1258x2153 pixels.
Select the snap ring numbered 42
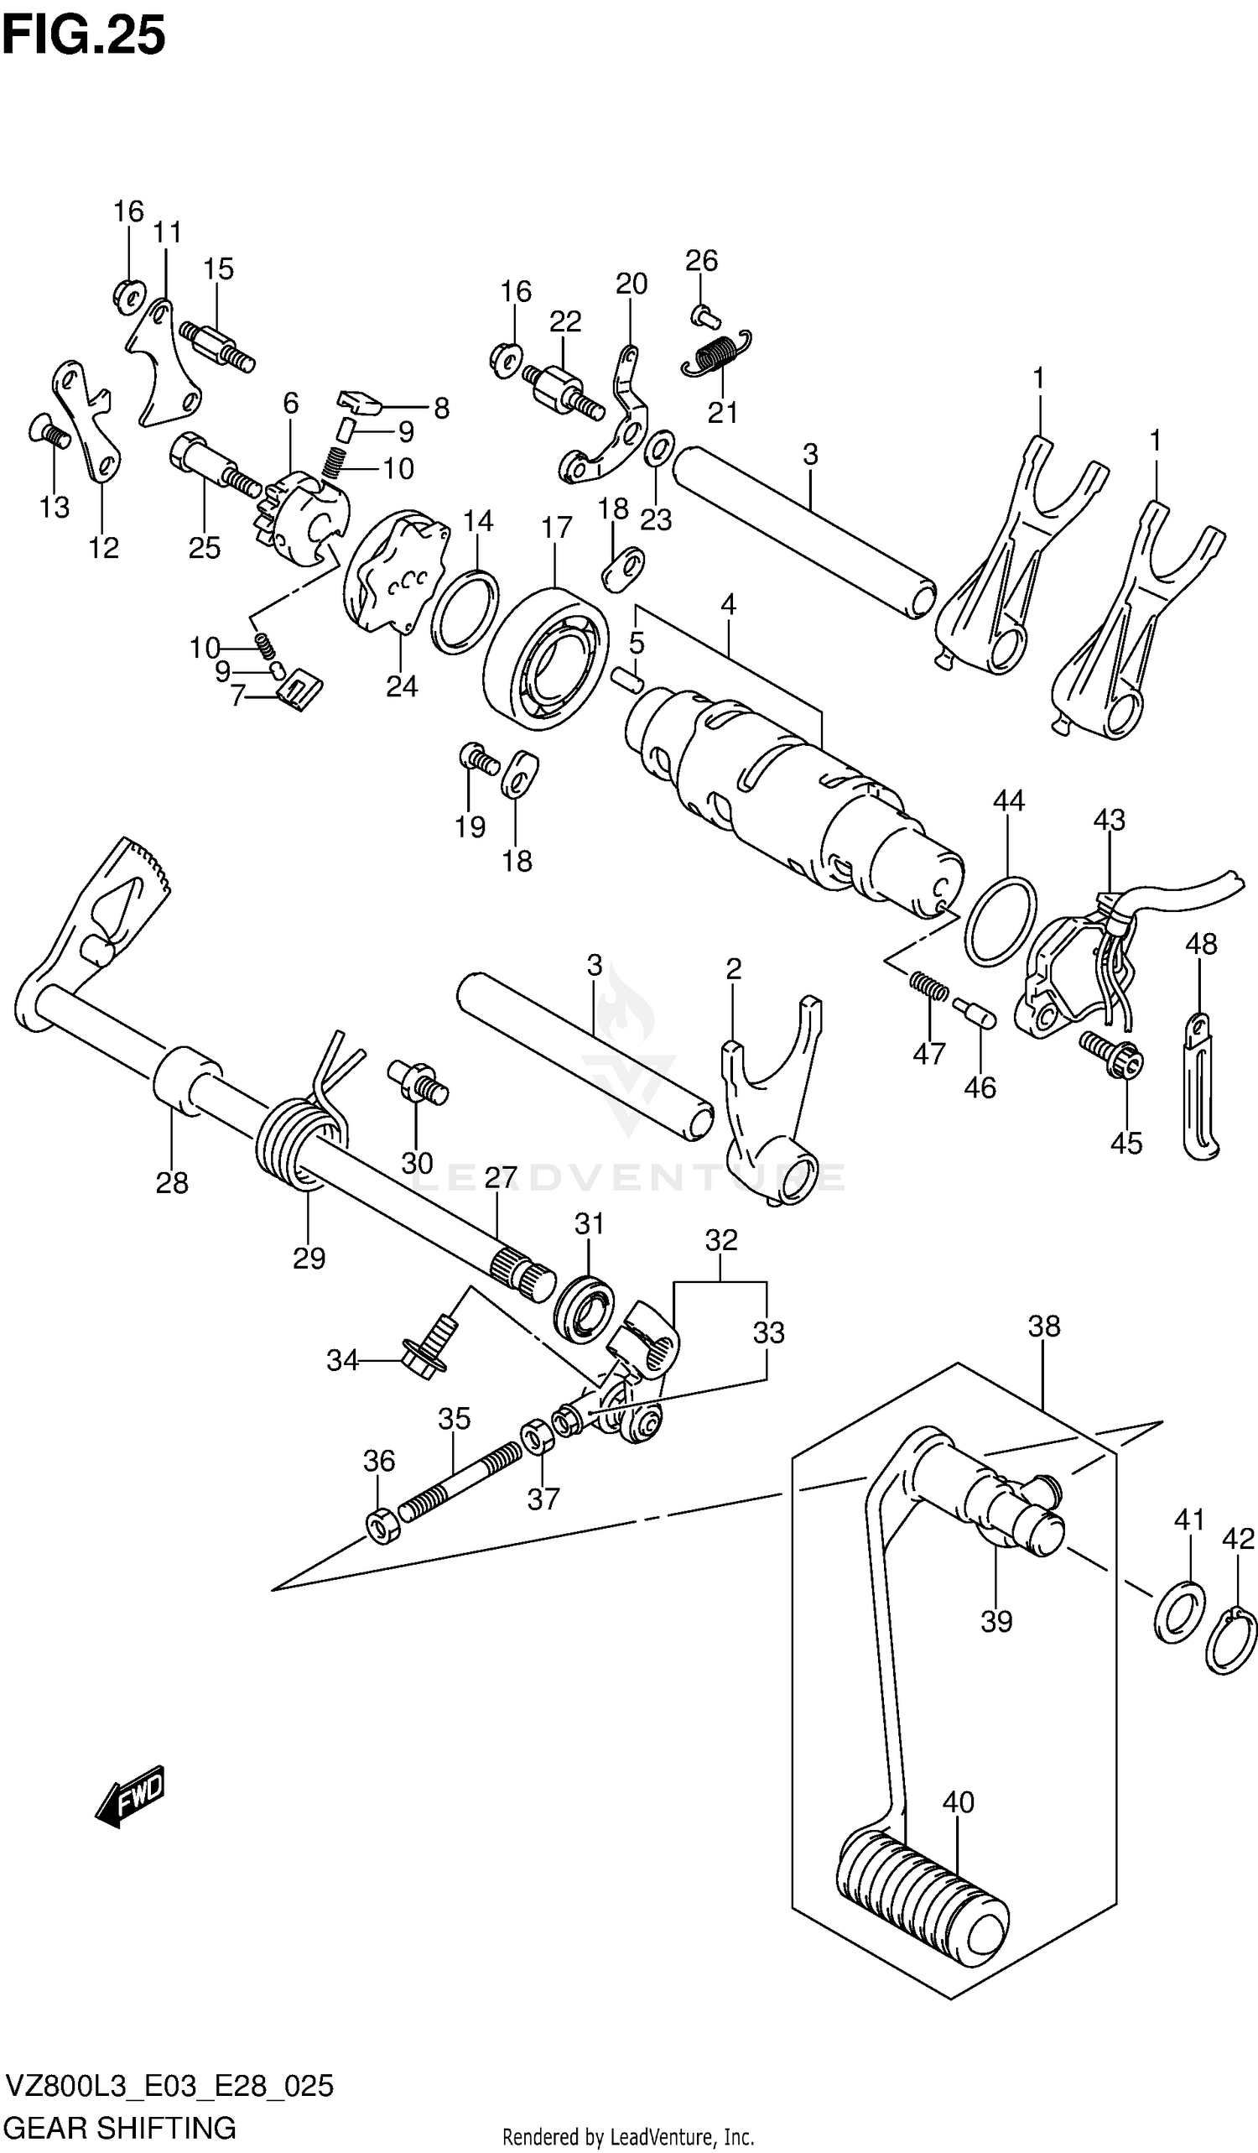click(1231, 1640)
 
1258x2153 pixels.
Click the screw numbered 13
click(49, 430)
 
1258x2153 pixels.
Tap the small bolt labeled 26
click(703, 315)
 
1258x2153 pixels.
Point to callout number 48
click(1201, 944)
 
